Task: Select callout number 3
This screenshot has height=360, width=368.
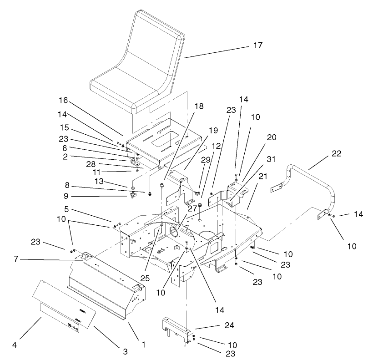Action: [x=126, y=351]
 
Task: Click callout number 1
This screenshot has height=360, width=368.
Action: [x=144, y=345]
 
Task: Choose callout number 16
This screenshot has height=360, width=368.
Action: [x=63, y=100]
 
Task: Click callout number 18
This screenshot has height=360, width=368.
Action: [x=187, y=106]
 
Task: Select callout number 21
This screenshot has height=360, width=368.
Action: [x=262, y=176]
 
